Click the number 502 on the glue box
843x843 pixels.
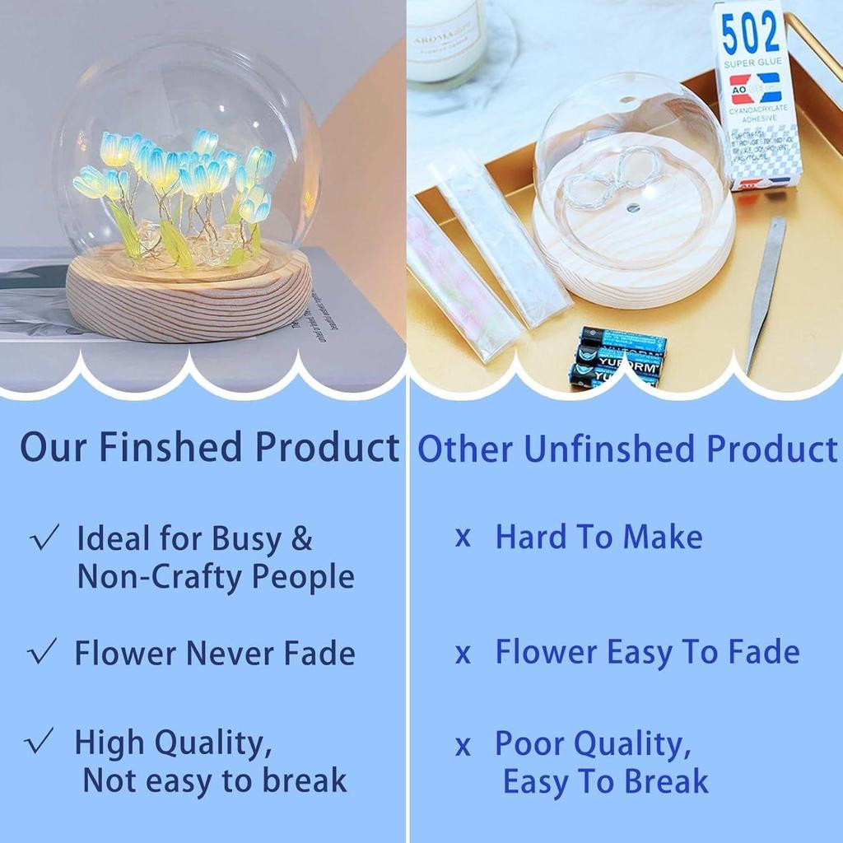coord(750,34)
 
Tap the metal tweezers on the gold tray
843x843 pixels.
coord(766,287)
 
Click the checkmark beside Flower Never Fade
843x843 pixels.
coord(43,652)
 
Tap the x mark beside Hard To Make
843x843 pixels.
coord(463,538)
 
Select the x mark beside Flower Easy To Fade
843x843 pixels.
coord(463,654)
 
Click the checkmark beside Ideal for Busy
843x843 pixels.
coord(44,539)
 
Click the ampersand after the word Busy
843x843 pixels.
coord(302,539)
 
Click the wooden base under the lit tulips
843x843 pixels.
coord(189,297)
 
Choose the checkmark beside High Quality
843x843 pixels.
coord(41,742)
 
